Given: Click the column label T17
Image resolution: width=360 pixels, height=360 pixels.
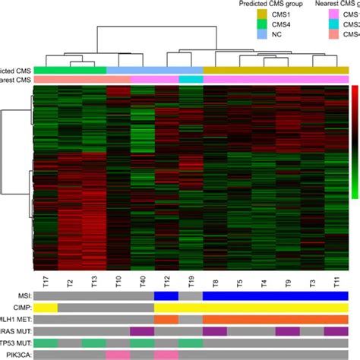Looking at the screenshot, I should point(45,279).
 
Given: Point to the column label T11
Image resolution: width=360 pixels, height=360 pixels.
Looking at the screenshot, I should point(336,279).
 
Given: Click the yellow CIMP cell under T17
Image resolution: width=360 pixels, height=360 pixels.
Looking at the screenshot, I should point(45,308).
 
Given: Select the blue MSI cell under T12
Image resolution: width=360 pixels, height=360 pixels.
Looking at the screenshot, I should point(166,295).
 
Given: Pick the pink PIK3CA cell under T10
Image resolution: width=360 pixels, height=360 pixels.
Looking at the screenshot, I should point(118,355).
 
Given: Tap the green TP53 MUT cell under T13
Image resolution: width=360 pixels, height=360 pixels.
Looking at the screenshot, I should point(93,343).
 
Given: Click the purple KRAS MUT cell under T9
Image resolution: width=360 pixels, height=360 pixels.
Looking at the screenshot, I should point(287,331).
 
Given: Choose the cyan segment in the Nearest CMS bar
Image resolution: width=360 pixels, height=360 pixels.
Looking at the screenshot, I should point(191,79).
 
